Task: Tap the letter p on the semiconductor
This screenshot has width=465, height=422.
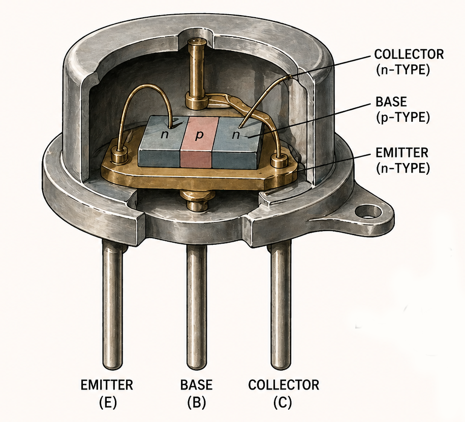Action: (x=199, y=136)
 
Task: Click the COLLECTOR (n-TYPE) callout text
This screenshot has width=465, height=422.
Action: (x=401, y=61)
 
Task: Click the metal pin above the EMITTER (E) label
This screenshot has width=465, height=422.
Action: (x=112, y=305)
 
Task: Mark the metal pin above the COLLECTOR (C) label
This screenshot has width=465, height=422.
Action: (x=280, y=305)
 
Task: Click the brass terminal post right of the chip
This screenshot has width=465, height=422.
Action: (x=279, y=160)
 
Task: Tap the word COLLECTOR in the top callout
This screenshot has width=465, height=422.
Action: (x=401, y=53)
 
